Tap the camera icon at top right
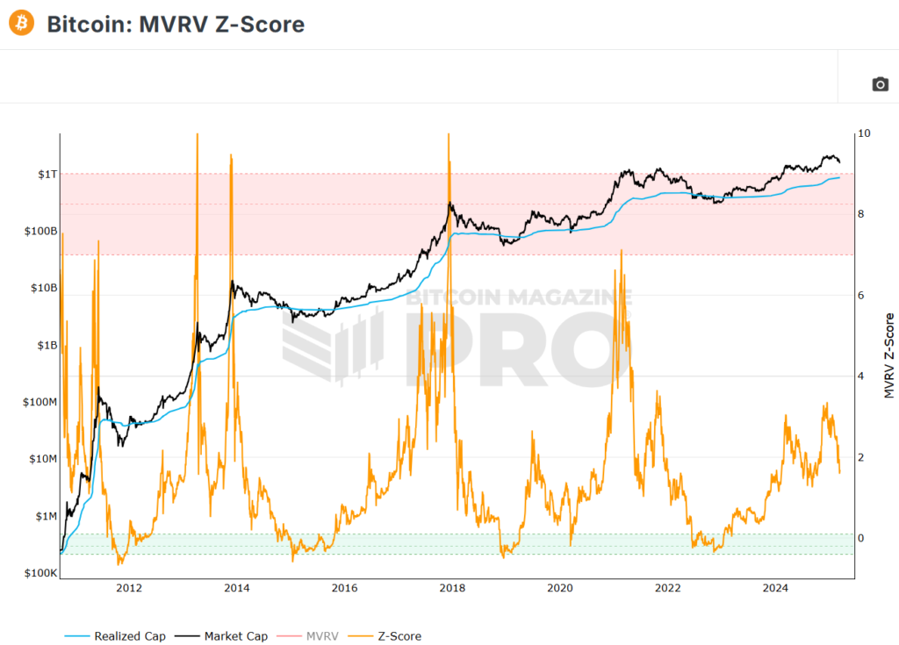[x=880, y=84]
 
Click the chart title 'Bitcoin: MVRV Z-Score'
[x=176, y=25]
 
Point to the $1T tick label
[x=47, y=174]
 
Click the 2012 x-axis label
[x=129, y=587]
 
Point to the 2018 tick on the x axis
[x=452, y=587]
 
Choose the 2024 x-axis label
[x=775, y=587]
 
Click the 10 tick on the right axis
[x=864, y=133]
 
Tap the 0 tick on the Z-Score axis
[x=861, y=538]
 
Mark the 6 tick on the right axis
[x=861, y=295]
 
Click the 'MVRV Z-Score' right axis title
[x=888, y=355]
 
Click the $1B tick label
[x=45, y=346]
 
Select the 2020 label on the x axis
[x=560, y=587]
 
